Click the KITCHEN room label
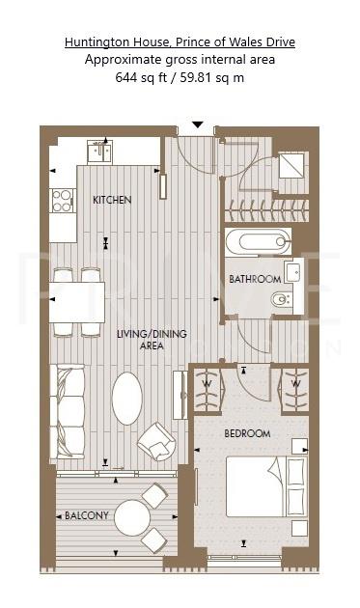112,200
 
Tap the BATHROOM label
255,279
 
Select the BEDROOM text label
247,433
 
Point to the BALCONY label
87,516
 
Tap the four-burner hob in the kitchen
63,200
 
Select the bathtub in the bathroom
258,242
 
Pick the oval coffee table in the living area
127,398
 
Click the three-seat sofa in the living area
69,410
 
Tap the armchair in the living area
155,443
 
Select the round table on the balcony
132,518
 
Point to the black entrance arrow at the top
197,124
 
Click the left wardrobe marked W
206,390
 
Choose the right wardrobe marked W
293,390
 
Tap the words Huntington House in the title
112,42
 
